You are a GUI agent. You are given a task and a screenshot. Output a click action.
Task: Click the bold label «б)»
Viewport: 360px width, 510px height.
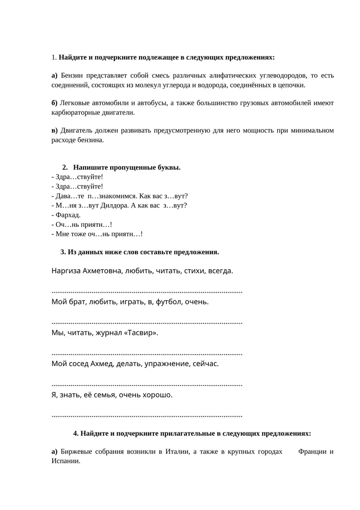click(54, 103)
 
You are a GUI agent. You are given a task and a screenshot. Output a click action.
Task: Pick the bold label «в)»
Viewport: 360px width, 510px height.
click(54, 130)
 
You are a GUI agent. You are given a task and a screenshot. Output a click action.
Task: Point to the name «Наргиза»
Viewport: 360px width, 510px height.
click(66, 271)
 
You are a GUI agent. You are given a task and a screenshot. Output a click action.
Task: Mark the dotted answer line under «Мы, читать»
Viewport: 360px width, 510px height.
click(147, 353)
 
